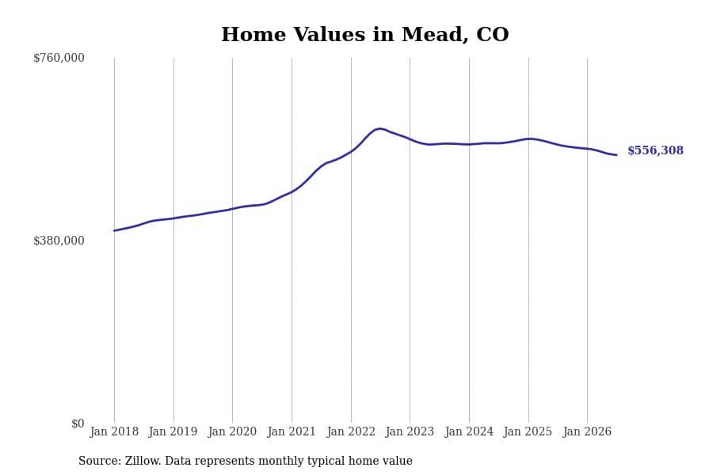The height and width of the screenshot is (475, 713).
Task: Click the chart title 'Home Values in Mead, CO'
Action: pos(364,35)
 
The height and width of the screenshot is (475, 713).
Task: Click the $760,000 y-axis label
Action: pos(59,58)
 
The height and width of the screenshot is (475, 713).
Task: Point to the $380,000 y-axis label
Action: pos(59,241)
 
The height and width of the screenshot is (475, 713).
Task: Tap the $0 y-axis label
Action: pos(78,424)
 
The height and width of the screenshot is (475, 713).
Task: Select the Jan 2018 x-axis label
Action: pos(114,431)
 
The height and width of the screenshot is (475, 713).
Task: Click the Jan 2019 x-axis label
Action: pos(173,431)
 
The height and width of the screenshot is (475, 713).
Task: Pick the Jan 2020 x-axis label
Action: pos(232,431)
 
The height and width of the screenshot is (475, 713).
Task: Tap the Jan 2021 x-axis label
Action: pos(292,431)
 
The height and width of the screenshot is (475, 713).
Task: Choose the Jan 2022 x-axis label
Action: pos(351,431)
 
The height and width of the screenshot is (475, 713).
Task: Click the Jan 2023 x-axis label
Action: pos(410,431)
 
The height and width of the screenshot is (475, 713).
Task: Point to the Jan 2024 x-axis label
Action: pos(469,431)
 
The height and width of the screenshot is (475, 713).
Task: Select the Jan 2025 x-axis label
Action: pos(528,431)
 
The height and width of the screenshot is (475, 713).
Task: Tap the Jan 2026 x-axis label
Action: pos(587,431)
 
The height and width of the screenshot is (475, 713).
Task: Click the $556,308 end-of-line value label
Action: pos(655,150)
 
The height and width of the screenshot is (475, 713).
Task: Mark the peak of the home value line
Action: pos(379,128)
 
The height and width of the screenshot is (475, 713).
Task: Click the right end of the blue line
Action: pos(616,155)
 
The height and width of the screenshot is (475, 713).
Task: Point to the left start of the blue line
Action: pos(114,231)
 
